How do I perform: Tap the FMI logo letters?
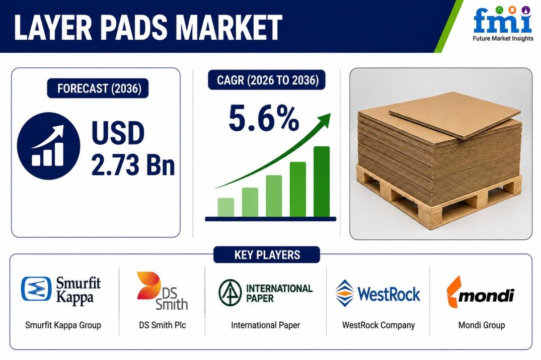click(502, 20)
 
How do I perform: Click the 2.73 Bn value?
click(133, 165)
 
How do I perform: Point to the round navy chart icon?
click(48, 146)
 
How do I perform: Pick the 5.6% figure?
click(264, 119)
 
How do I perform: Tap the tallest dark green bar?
click(322, 182)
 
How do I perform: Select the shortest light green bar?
click(226, 207)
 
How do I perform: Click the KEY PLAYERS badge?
click(267, 255)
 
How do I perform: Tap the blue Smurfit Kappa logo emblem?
click(36, 289)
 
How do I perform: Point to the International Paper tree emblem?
click(230, 293)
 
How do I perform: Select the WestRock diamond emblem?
click(345, 293)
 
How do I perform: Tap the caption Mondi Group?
click(481, 325)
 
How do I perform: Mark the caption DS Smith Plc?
click(163, 325)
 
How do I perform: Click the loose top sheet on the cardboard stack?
click(455, 115)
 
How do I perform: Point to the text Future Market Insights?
click(503, 39)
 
